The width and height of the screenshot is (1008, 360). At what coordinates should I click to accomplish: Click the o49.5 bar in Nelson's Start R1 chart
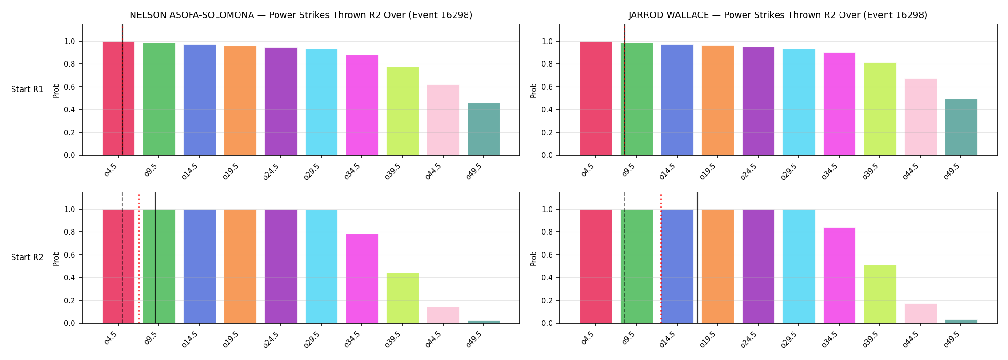(x=483, y=129)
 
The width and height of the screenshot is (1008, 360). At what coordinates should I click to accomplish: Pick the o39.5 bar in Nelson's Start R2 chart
(x=403, y=298)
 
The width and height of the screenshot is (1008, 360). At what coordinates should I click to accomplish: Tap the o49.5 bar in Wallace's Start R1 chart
(x=961, y=127)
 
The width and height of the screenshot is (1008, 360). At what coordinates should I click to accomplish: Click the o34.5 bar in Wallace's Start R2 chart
(x=840, y=275)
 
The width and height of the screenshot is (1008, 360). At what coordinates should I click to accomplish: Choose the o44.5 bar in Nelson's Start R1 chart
(x=443, y=120)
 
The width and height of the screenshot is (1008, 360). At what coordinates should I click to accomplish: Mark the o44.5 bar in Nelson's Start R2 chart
(x=443, y=315)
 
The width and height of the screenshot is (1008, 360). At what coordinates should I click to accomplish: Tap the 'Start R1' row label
(x=27, y=89)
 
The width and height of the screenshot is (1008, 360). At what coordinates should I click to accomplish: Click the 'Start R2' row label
(x=27, y=257)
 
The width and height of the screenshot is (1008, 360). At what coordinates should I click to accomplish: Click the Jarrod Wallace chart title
(x=778, y=15)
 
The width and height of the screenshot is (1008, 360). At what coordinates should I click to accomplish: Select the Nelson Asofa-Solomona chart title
(x=301, y=15)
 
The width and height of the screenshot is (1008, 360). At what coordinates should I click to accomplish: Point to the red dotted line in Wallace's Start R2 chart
(x=661, y=258)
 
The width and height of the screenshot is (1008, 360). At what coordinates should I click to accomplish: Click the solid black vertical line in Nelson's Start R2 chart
(x=155, y=257)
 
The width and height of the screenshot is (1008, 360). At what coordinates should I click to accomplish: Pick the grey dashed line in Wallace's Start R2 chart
(x=624, y=257)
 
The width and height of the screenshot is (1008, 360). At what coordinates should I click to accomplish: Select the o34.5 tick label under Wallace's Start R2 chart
(x=832, y=339)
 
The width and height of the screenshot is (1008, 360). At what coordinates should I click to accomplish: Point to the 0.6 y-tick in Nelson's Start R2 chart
(x=69, y=255)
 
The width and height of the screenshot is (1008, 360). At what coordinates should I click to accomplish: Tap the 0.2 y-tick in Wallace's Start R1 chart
(x=547, y=132)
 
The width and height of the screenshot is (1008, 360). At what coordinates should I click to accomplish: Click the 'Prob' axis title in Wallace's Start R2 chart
(x=534, y=258)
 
